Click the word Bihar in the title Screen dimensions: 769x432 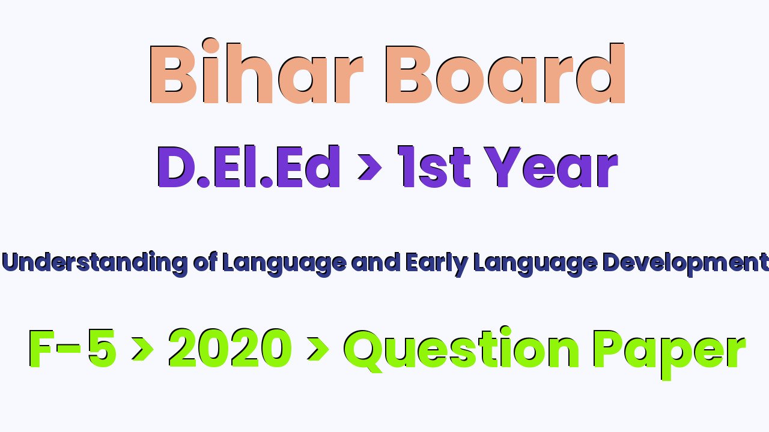pyautogui.click(x=256, y=71)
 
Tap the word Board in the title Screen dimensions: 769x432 pyautogui.click(x=505, y=73)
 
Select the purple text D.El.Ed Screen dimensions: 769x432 pyautogui.click(x=249, y=166)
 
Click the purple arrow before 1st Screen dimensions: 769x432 pyautogui.click(x=369, y=167)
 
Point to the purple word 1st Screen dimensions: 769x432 pyautogui.click(x=434, y=167)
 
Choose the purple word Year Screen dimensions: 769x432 pyautogui.click(x=551, y=167)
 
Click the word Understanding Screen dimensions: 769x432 pyautogui.click(x=95, y=263)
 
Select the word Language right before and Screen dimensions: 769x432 pyautogui.click(x=284, y=264)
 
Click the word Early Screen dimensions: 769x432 pyautogui.click(x=436, y=264)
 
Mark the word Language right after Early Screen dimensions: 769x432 pyautogui.click(x=535, y=264)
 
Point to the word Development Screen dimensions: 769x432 pyautogui.click(x=685, y=264)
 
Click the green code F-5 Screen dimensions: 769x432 pyautogui.click(x=72, y=349)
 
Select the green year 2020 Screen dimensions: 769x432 pyautogui.click(x=230, y=348)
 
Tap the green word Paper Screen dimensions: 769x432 pyautogui.click(x=670, y=354)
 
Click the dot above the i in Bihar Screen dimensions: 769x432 pyautogui.click(x=210, y=46)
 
